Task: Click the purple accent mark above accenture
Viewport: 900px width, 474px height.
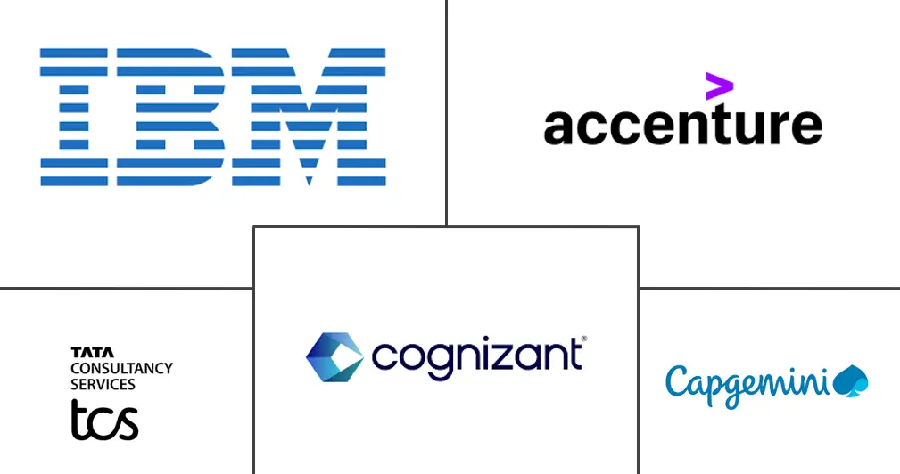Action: [x=719, y=87]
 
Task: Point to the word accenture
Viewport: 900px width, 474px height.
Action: [x=682, y=127]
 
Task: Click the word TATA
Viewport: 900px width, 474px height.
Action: [x=86, y=353]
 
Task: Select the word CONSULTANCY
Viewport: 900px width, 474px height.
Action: [x=121, y=368]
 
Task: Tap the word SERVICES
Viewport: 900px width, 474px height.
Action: [x=103, y=384]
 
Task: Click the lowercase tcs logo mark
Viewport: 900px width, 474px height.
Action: [x=105, y=419]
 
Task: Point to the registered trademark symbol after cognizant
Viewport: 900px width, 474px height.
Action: [x=584, y=339]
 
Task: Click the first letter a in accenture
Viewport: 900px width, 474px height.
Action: [x=559, y=127]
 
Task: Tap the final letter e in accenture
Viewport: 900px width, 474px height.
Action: [x=805, y=127]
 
